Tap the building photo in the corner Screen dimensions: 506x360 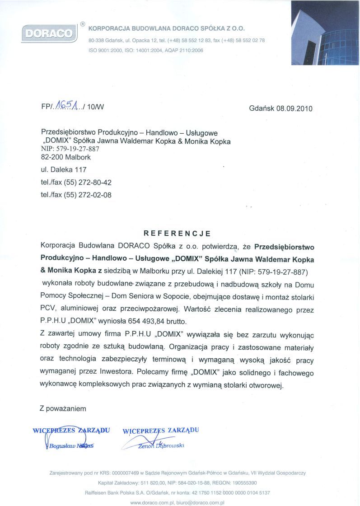tap(325, 33)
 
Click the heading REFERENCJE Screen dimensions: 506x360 tap(177, 234)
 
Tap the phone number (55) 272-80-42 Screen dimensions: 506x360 tap(89, 183)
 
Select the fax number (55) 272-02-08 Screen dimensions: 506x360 tap(89, 195)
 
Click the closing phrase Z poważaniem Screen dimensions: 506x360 tap(63, 408)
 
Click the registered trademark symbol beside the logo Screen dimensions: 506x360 tap(83, 23)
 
